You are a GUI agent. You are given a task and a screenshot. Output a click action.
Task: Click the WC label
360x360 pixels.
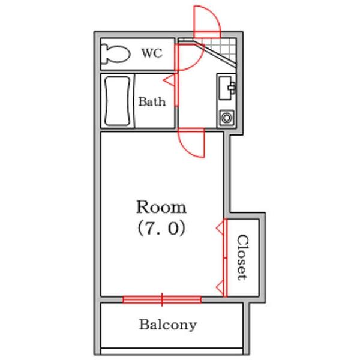pos(152,53)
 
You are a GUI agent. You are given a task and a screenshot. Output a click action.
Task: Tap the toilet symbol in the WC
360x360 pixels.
pos(116,54)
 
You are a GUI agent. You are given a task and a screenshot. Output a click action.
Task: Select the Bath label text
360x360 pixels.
pos(152,102)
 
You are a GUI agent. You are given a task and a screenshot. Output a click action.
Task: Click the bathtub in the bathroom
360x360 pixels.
pos(118,101)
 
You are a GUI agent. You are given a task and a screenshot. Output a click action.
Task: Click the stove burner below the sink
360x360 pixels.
pos(227,118)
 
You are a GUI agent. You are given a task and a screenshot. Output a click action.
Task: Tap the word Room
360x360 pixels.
pos(161,207)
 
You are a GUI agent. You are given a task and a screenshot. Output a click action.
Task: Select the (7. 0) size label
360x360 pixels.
pos(161,229)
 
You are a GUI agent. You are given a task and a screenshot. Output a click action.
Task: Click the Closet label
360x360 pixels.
pos(242,257)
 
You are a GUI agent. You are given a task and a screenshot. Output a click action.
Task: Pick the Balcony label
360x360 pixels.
pos(168,325)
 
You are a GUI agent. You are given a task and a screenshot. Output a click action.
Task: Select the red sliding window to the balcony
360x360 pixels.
pos(162,299)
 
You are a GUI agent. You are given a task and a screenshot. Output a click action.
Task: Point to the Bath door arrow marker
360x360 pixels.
pos(169,80)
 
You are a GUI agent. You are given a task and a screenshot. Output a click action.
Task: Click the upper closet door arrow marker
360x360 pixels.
pos(221,228)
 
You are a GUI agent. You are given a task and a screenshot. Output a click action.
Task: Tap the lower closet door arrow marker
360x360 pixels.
pos(221,287)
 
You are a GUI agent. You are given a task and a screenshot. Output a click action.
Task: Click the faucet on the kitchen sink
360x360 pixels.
pos(232,88)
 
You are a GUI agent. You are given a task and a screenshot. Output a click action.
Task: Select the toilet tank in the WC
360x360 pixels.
pos(104,54)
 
